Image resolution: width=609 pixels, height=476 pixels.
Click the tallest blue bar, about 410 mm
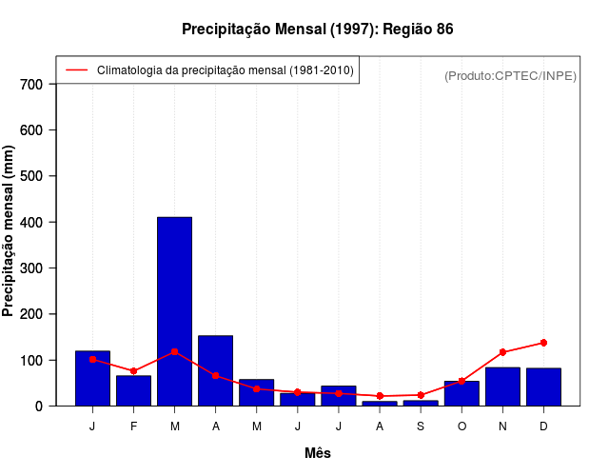[174, 311]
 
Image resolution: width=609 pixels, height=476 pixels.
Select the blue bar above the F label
[133, 390]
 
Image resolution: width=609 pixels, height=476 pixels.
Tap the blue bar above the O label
[462, 393]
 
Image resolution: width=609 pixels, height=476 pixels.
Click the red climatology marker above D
[543, 343]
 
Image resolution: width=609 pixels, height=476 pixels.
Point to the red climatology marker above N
[502, 352]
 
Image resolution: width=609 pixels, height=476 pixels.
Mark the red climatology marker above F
[133, 371]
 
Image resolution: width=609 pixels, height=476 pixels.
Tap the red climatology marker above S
[421, 395]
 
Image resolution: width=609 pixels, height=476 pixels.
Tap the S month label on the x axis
[421, 426]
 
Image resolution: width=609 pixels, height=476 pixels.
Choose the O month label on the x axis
[462, 426]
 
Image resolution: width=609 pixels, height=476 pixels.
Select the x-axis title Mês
[318, 453]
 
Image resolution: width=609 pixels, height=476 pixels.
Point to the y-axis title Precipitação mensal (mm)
[10, 245]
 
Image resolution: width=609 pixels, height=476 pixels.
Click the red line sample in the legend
[77, 69]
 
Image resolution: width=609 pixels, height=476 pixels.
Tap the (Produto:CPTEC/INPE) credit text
[510, 75]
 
